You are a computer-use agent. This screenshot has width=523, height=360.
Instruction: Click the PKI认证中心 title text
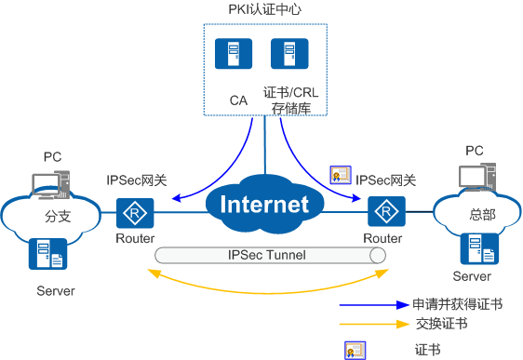[x=265, y=10]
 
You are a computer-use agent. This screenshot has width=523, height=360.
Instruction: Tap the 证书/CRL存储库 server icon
[x=283, y=55]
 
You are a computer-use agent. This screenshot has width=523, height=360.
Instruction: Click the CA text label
[x=238, y=98]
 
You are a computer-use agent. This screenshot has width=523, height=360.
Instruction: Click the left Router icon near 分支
[x=135, y=213]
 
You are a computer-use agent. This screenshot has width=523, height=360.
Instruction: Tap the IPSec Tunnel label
[x=267, y=254]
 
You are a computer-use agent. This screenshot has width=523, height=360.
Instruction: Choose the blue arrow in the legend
[x=373, y=303]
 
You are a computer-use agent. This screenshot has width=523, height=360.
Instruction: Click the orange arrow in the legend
[x=373, y=325]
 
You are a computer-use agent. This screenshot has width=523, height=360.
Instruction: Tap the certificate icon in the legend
[x=355, y=349]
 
